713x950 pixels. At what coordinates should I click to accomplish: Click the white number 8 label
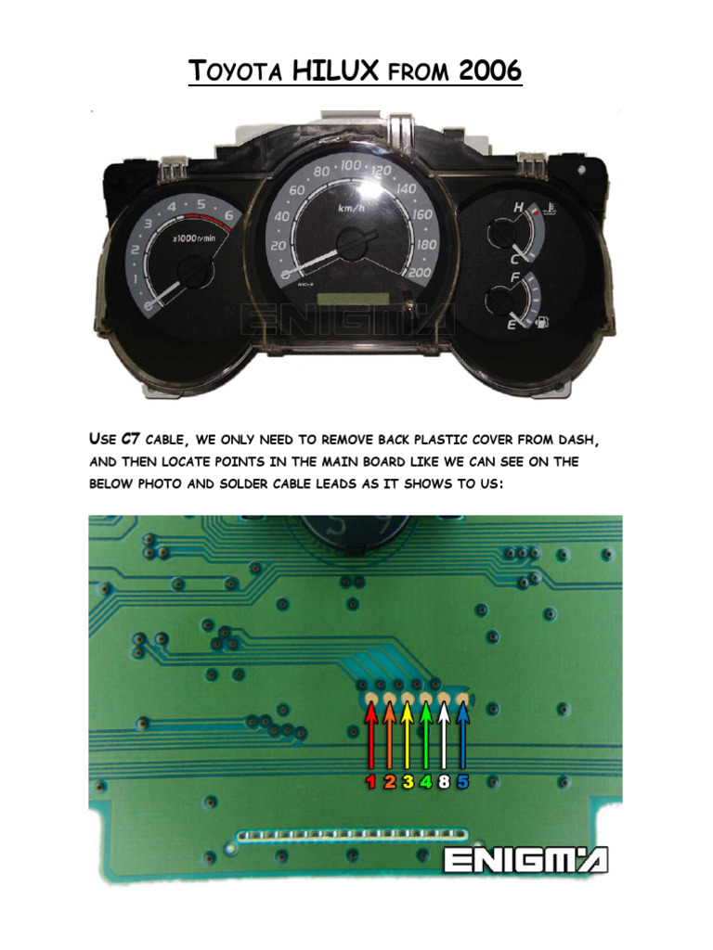pyautogui.click(x=444, y=782)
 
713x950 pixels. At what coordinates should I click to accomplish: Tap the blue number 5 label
pyautogui.click(x=462, y=782)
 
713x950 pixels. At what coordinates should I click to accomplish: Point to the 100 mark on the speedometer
pyautogui.click(x=352, y=165)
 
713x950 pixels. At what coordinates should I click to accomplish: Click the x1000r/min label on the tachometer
pyautogui.click(x=194, y=238)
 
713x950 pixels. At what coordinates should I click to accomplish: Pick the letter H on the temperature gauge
pyautogui.click(x=516, y=208)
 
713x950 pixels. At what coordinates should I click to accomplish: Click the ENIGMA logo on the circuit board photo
pyautogui.click(x=525, y=860)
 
